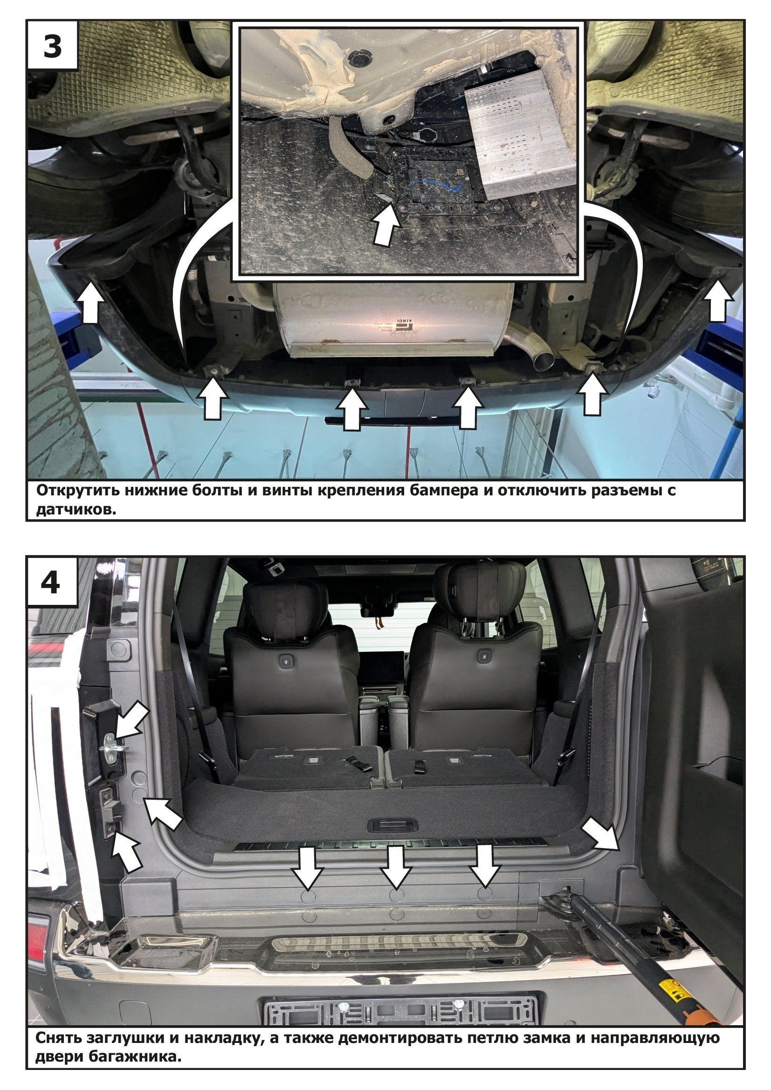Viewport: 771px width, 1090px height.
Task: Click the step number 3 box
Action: pyautogui.click(x=52, y=46)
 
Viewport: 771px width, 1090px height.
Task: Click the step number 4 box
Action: pyautogui.click(x=52, y=582)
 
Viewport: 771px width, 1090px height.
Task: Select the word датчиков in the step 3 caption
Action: pyautogui.click(x=76, y=510)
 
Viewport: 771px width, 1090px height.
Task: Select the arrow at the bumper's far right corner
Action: pyautogui.click(x=718, y=300)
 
